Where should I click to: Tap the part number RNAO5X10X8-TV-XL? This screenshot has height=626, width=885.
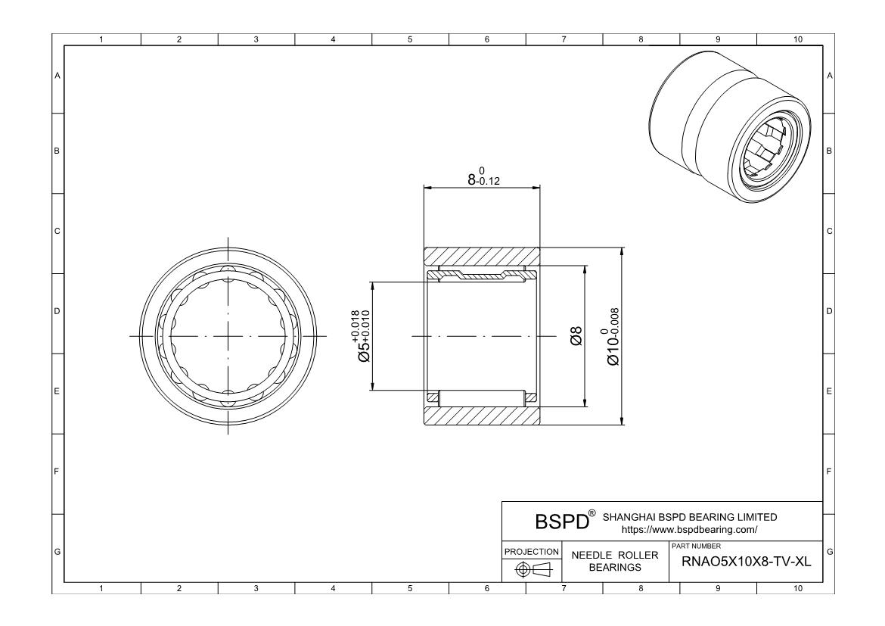tap(746, 562)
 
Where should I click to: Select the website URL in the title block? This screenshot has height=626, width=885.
tap(689, 530)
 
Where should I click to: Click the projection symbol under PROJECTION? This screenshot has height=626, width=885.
tap(531, 569)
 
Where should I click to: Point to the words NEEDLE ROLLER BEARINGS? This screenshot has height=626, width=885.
tap(615, 561)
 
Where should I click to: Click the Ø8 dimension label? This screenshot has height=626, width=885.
tap(576, 336)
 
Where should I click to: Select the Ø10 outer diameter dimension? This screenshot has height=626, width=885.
tap(613, 337)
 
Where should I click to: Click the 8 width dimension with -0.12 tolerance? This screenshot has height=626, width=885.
tap(483, 177)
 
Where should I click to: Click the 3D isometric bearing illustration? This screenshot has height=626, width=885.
tap(731, 127)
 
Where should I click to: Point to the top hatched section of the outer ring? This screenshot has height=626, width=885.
tap(482, 257)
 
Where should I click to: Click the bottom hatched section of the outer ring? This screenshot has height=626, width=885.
tap(482, 416)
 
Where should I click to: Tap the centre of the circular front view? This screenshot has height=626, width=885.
tap(228, 336)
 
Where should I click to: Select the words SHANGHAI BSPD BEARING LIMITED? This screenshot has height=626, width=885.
tap(690, 517)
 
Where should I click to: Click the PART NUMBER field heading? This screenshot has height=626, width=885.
tap(697, 547)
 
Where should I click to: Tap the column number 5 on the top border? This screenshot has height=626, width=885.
tap(410, 39)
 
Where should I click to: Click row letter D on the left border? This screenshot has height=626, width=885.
tap(57, 311)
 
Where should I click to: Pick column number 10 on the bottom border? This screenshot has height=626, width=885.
tap(797, 589)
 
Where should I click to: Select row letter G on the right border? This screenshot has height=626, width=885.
tap(829, 552)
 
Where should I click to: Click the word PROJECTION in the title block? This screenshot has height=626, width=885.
tap(531, 551)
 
